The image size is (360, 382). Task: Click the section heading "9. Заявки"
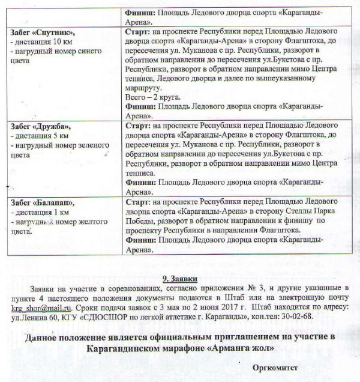click(181, 279)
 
